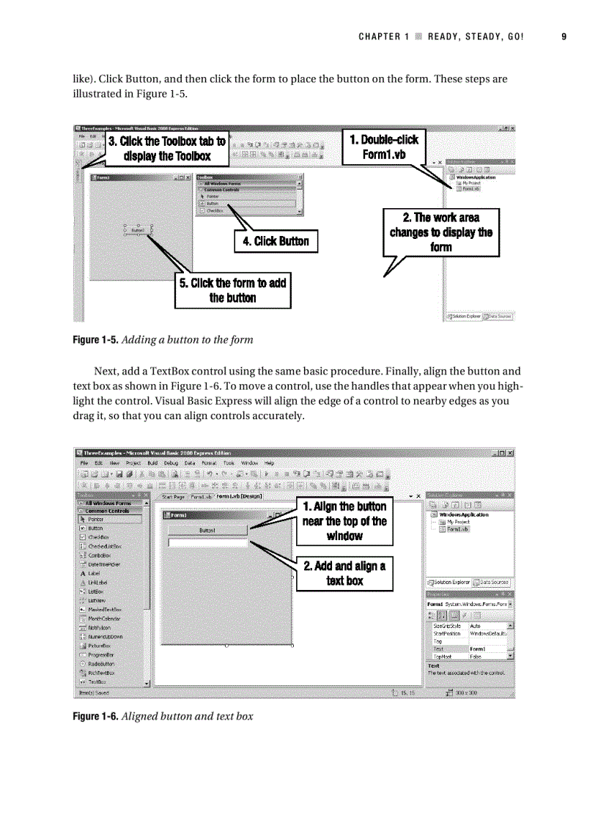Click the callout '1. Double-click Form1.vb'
[383, 147]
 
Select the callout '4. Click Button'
[276, 241]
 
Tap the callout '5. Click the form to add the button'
[232, 290]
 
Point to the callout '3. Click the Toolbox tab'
[167, 148]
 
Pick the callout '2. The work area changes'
[441, 232]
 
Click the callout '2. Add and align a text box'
[344, 573]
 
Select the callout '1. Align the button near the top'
[344, 521]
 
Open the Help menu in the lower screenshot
[269, 463]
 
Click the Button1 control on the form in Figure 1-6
[207, 531]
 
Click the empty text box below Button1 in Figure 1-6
[208, 543]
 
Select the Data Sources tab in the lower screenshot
[492, 582]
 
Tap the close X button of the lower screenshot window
[510, 453]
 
